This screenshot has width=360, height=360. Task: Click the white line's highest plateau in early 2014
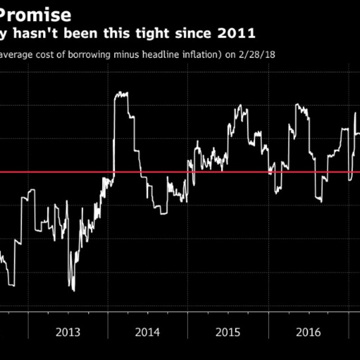click(121, 94)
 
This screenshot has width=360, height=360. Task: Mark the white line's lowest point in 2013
click(73, 290)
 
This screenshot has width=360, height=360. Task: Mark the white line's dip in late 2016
click(319, 200)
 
